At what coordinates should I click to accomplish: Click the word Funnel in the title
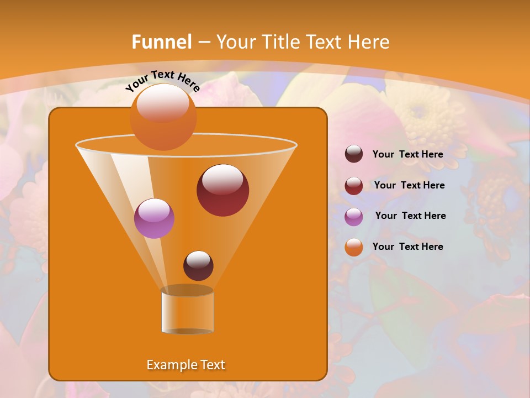point(162,41)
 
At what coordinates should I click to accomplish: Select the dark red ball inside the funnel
point(222,190)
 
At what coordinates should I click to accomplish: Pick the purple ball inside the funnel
point(154,218)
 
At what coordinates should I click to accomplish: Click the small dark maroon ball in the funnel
point(198,265)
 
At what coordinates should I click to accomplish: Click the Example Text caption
point(185,365)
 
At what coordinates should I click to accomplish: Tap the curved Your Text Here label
point(162,81)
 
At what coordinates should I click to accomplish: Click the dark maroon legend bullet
point(354,154)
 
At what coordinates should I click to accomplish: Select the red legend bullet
point(354,186)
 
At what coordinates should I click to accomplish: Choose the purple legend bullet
point(354,216)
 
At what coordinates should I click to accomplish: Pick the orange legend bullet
point(354,247)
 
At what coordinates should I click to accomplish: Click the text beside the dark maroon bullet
point(407,154)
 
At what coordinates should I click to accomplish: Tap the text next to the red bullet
point(409,185)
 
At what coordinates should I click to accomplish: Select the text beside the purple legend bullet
point(410,216)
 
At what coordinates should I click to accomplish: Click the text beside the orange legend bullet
point(407,247)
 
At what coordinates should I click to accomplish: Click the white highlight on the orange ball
point(163,103)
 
